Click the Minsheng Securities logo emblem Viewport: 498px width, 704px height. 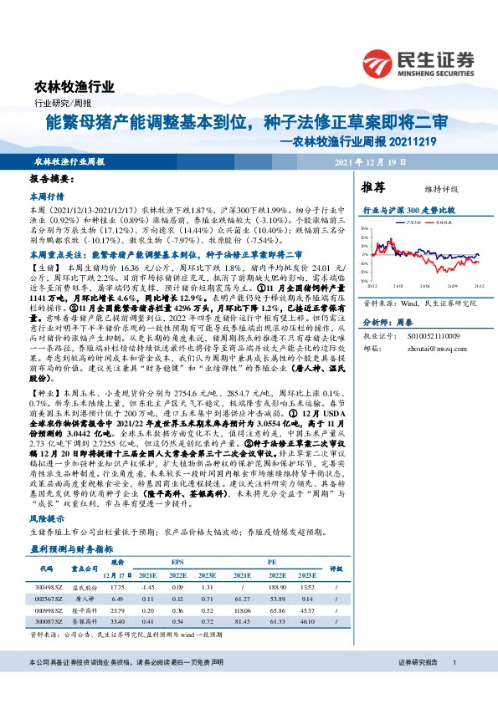[377, 64]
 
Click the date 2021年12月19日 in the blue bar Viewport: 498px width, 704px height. [372, 162]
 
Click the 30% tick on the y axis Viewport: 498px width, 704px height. [366, 228]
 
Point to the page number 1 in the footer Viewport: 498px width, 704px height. [454, 686]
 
